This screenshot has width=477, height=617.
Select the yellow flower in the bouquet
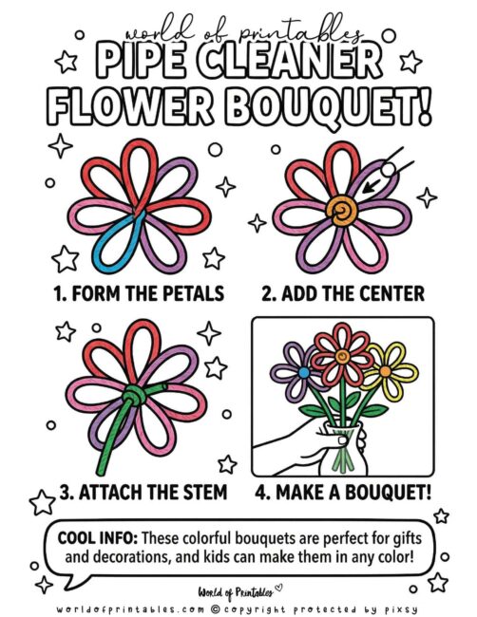click(386, 364)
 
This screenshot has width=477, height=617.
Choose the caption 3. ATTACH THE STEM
click(130, 493)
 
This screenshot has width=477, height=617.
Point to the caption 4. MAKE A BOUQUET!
click(344, 493)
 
